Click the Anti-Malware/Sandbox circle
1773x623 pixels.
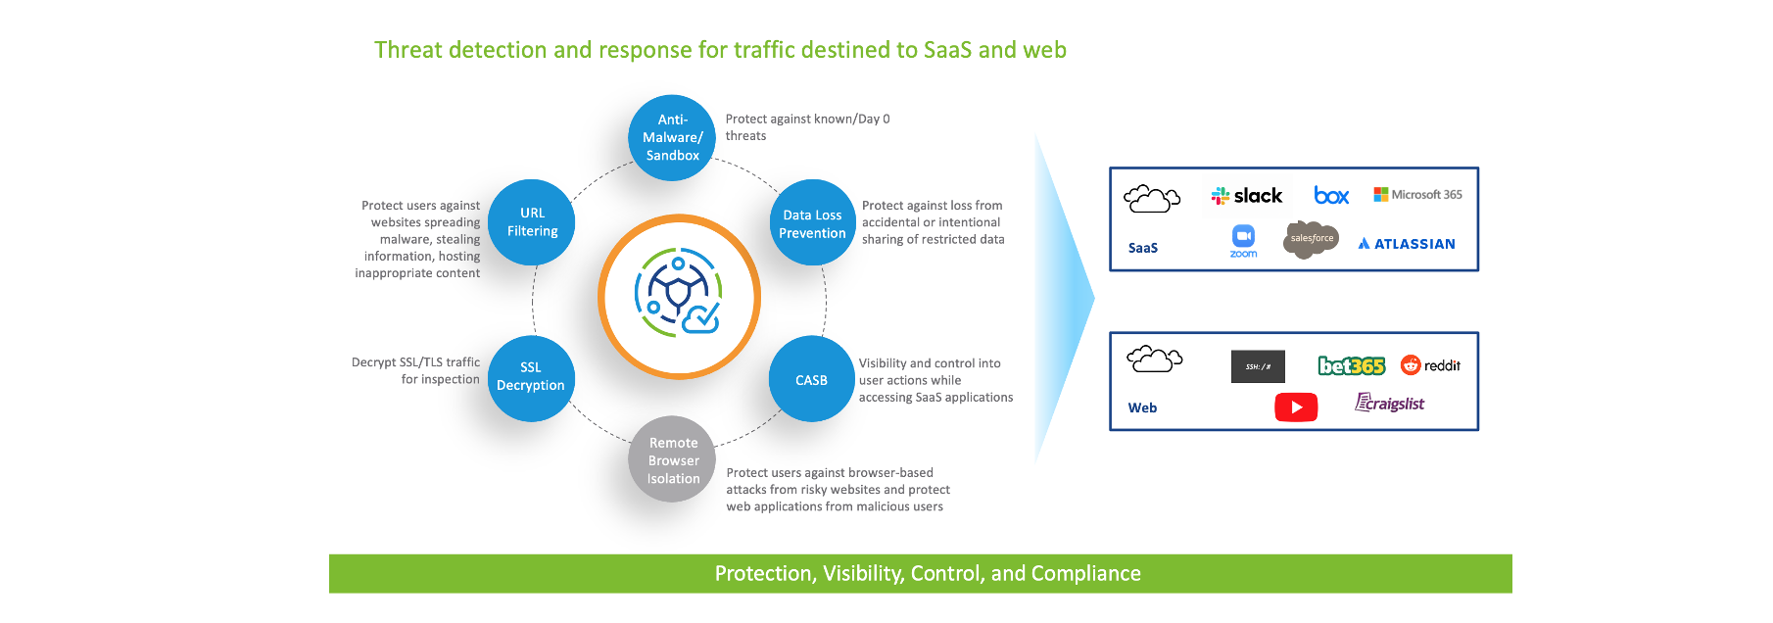[x=672, y=138]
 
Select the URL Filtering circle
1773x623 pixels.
[x=532, y=222]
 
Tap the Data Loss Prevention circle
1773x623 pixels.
[x=812, y=223]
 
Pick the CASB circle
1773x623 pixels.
[x=811, y=380]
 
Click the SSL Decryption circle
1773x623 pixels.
[x=531, y=378]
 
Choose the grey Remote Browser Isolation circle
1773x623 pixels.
[x=673, y=460]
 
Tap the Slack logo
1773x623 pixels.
[x=1247, y=196]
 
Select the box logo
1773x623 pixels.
[x=1331, y=196]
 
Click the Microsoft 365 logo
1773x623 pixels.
[x=1417, y=195]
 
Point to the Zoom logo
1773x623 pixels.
[x=1243, y=240]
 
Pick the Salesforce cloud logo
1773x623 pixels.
[x=1311, y=239]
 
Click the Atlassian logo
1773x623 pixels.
[x=1407, y=244]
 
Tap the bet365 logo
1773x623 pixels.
[x=1351, y=366]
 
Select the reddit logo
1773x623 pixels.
[x=1430, y=365]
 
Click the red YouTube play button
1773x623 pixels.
[x=1296, y=407]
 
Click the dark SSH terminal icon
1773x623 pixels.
[x=1258, y=366]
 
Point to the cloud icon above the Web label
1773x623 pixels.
[x=1154, y=359]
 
